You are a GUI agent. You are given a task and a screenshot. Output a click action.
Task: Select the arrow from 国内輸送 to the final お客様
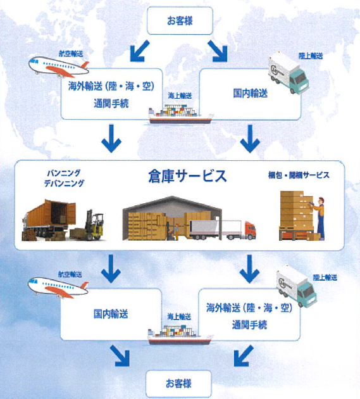click(118, 356)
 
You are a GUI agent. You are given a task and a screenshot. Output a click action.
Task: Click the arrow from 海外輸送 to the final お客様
click(241, 356)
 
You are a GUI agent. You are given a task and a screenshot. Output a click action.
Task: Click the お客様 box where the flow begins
click(179, 20)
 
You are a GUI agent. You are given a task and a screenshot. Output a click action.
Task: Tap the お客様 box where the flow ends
click(179, 383)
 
